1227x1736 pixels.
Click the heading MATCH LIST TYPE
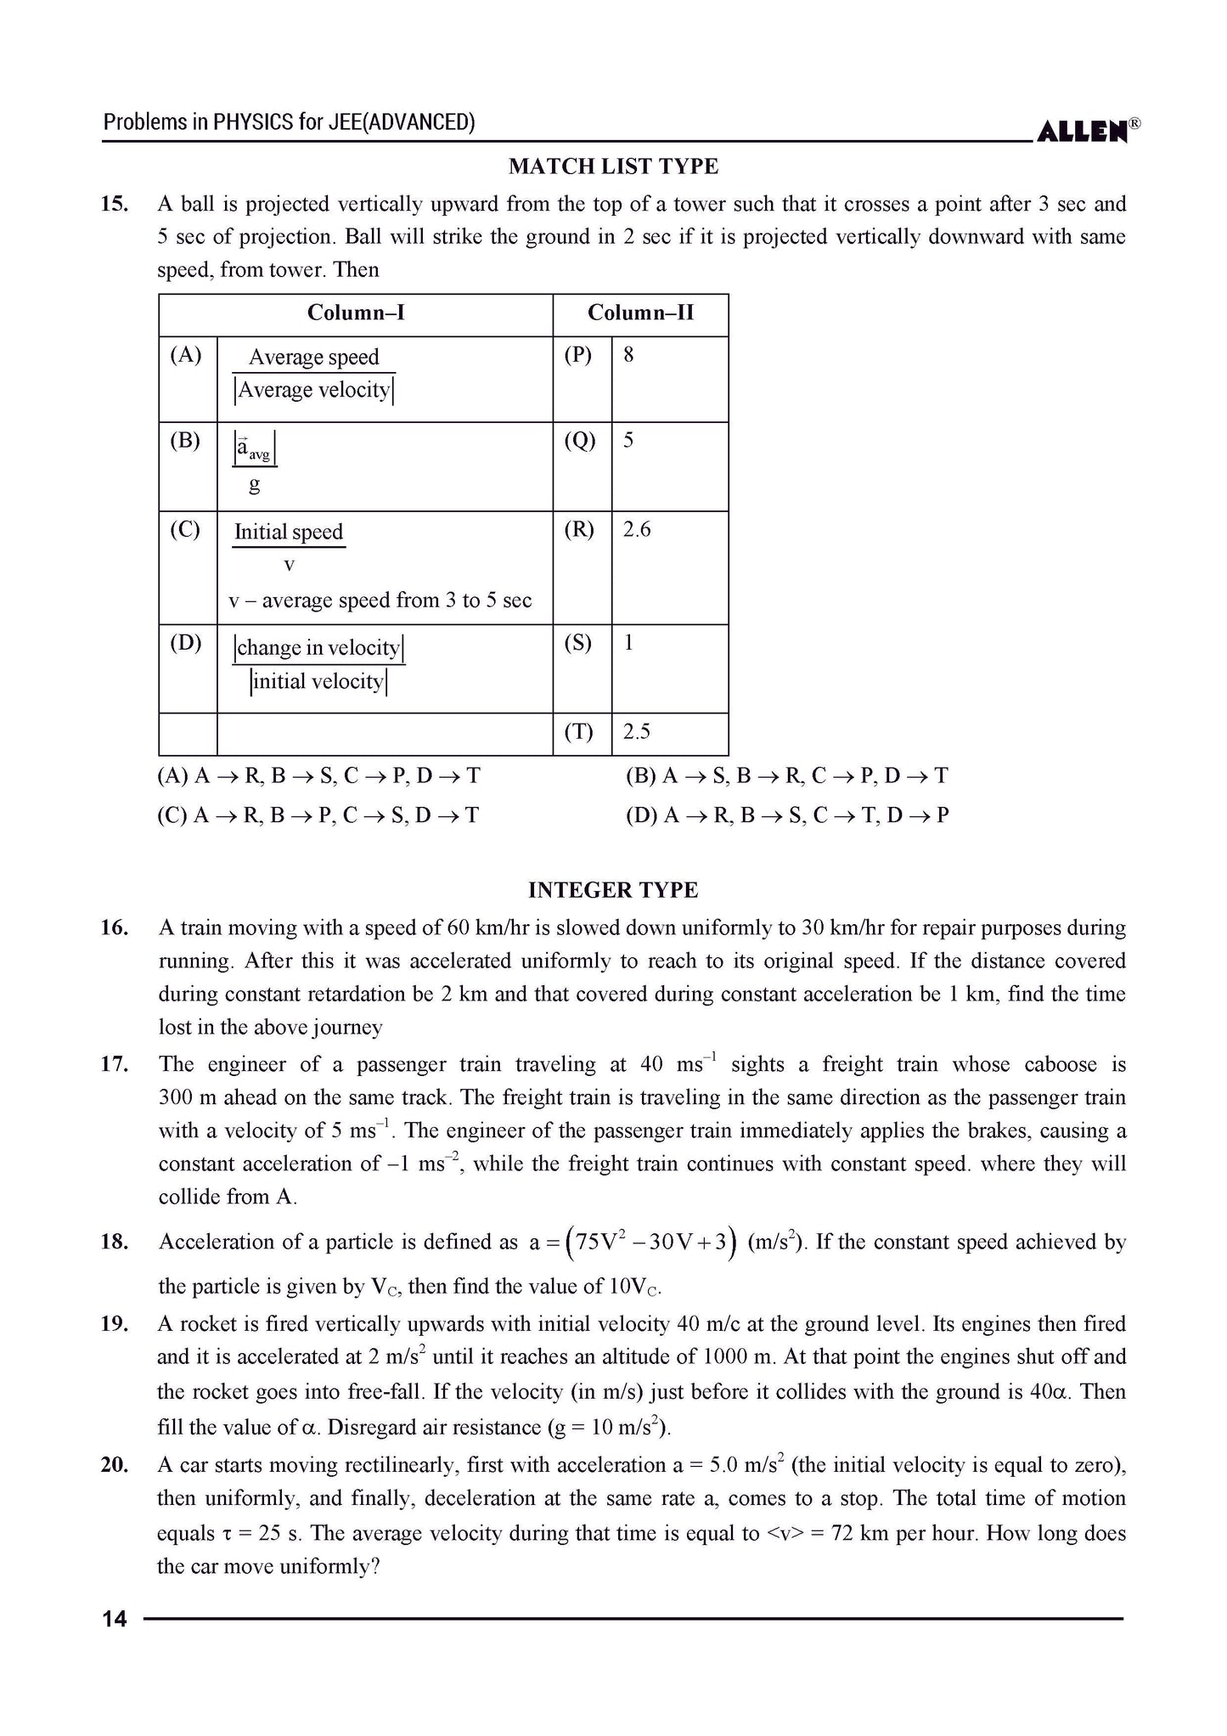[x=613, y=166]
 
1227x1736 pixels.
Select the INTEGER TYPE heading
[x=613, y=890]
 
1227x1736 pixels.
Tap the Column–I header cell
[x=356, y=313]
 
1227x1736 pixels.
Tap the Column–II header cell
[x=640, y=313]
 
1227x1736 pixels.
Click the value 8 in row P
[x=628, y=355]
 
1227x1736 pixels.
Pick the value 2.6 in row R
[x=637, y=530]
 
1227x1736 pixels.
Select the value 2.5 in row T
[x=637, y=732]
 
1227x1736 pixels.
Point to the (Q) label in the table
[x=579, y=441]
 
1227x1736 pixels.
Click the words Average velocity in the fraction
[x=314, y=391]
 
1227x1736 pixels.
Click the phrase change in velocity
[x=318, y=648]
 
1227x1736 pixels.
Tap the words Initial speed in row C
[x=289, y=533]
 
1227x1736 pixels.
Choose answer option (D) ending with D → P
[x=787, y=816]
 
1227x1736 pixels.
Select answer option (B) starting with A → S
[x=786, y=776]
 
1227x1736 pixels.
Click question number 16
[x=114, y=927]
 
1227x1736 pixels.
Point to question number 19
[x=114, y=1324]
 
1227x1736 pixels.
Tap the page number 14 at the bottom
[x=114, y=1620]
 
